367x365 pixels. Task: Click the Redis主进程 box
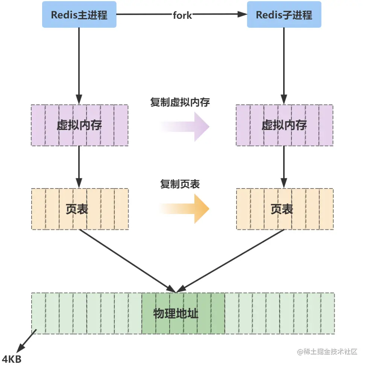[x=79, y=15]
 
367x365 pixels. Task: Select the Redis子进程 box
[x=284, y=15]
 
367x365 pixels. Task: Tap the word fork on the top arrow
[x=182, y=15]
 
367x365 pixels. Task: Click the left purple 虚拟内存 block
[x=79, y=125]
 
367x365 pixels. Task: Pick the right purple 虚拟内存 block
[x=284, y=125]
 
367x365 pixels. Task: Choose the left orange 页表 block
[x=79, y=209]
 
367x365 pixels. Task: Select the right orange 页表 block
[x=284, y=209]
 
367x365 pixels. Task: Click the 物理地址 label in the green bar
[x=176, y=314]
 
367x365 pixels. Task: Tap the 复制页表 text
[x=180, y=184]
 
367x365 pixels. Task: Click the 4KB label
[x=12, y=359]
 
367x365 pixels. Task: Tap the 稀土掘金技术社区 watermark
[x=327, y=352]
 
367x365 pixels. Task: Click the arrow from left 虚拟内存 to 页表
[x=79, y=167]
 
